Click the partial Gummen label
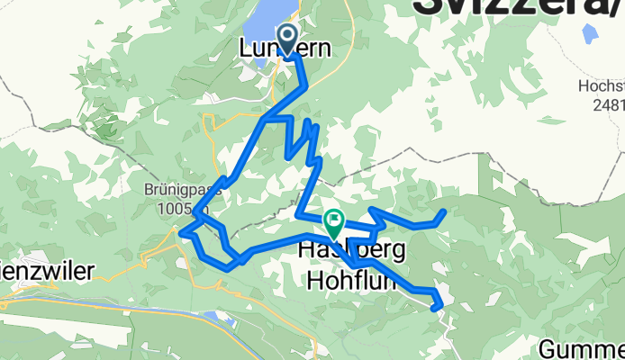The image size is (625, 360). (x=584, y=347)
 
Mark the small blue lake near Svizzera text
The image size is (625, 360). (x=589, y=35)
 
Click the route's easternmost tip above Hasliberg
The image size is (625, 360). (x=444, y=212)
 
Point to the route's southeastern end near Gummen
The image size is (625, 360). (x=439, y=306)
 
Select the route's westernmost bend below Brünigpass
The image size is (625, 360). (x=185, y=235)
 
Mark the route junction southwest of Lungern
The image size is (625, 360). (x=263, y=118)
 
